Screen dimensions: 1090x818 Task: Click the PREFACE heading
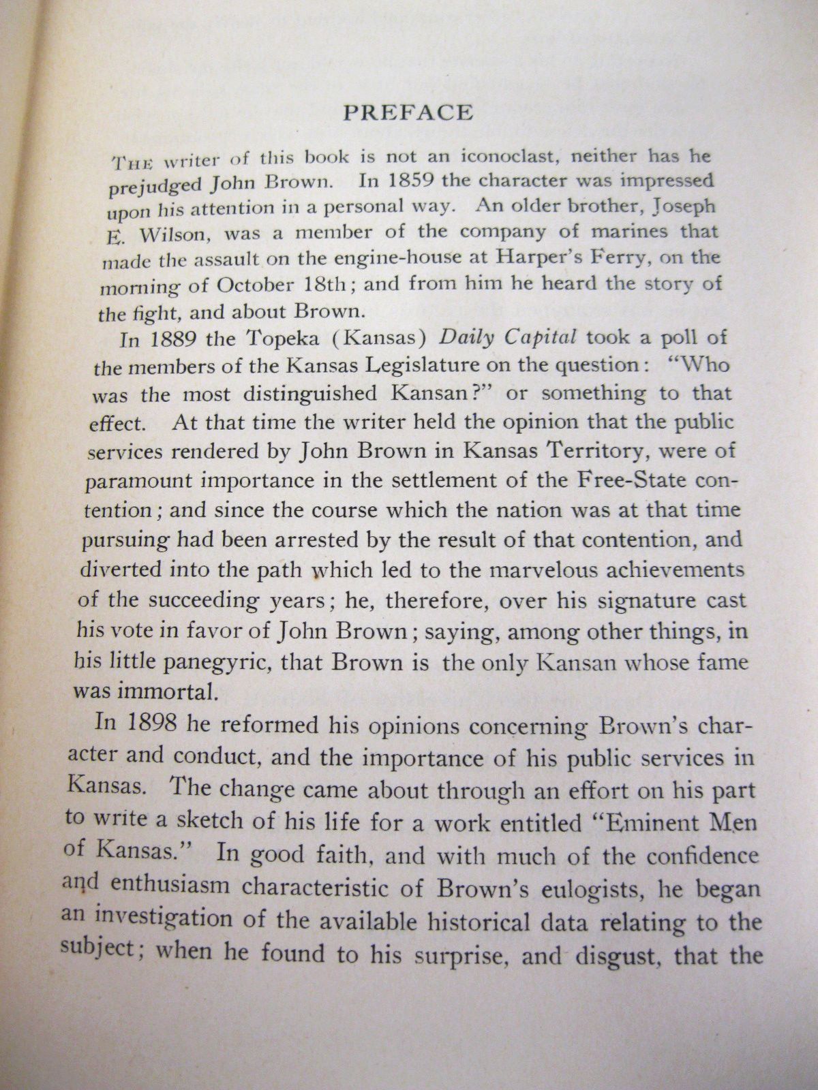coord(408,112)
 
